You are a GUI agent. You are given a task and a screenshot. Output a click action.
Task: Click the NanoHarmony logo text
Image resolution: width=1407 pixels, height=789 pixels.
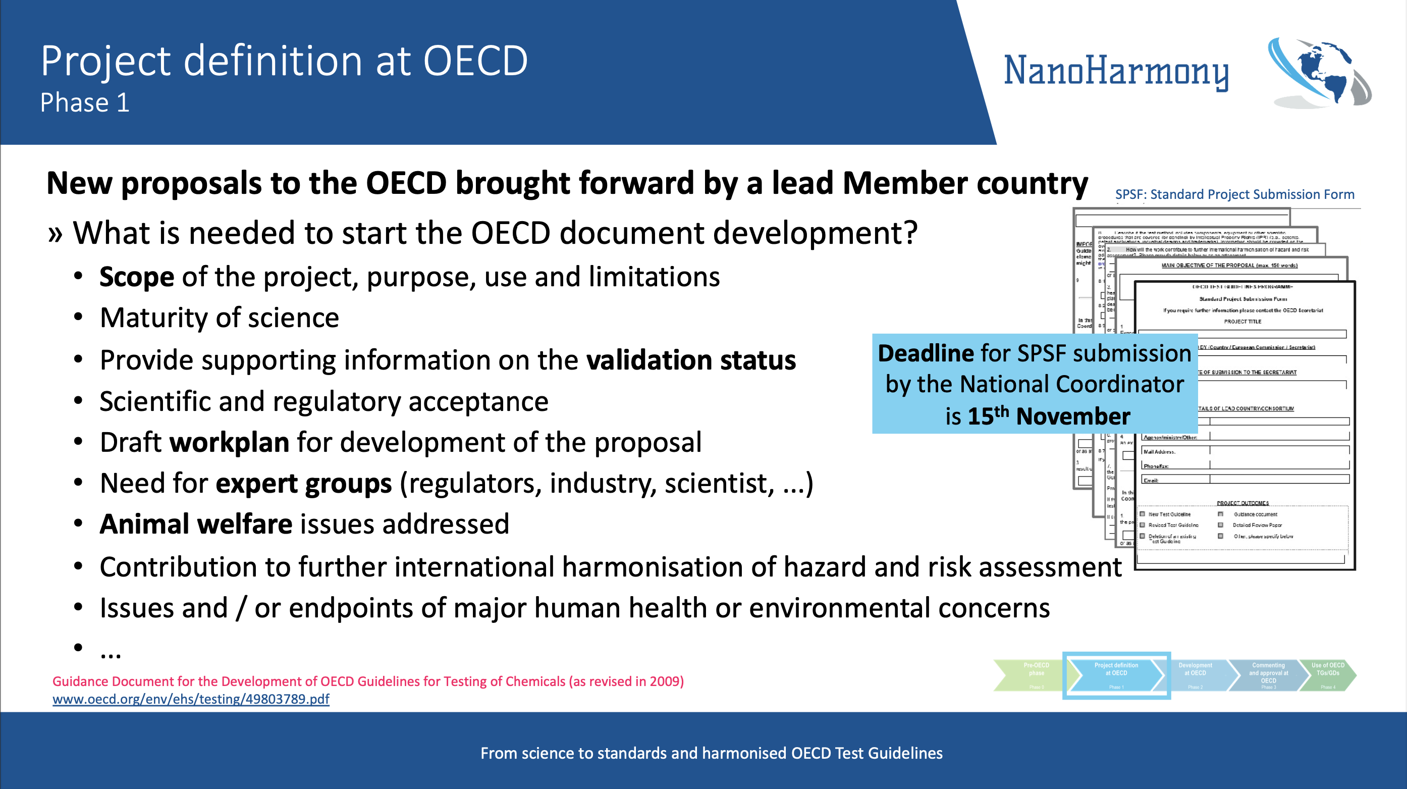pos(1115,71)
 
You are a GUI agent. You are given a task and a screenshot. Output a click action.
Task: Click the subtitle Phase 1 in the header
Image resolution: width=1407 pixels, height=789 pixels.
pos(85,102)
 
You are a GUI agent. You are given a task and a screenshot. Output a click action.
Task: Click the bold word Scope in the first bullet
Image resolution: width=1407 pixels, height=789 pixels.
pos(137,277)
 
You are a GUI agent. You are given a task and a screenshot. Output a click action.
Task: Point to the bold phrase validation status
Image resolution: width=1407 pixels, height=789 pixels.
pos(690,360)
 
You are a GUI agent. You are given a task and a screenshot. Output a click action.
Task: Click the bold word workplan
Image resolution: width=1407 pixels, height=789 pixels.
pos(230,442)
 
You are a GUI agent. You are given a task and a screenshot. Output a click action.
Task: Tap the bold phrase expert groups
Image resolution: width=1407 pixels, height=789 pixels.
pos(304,484)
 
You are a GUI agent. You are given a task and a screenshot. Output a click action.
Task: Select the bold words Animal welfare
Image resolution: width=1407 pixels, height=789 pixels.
pos(195,524)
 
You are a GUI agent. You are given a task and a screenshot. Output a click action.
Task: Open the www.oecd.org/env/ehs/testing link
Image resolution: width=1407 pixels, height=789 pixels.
pos(191,699)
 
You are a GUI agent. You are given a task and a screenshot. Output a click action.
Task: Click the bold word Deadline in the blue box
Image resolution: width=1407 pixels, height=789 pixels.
pos(925,353)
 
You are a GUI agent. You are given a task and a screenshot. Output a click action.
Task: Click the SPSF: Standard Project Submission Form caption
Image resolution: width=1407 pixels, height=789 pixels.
pos(1234,194)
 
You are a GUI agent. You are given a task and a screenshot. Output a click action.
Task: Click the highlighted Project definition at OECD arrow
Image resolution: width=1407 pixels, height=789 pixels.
pos(1116,675)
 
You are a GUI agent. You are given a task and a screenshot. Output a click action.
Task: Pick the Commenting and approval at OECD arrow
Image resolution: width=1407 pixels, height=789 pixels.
pos(1268,675)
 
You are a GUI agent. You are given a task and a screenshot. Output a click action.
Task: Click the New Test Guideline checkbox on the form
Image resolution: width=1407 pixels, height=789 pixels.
pos(1142,514)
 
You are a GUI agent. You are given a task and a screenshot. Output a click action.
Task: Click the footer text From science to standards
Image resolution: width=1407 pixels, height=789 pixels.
pos(711,753)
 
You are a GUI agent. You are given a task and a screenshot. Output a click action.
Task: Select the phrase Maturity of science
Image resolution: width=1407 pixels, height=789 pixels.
pos(219,318)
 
